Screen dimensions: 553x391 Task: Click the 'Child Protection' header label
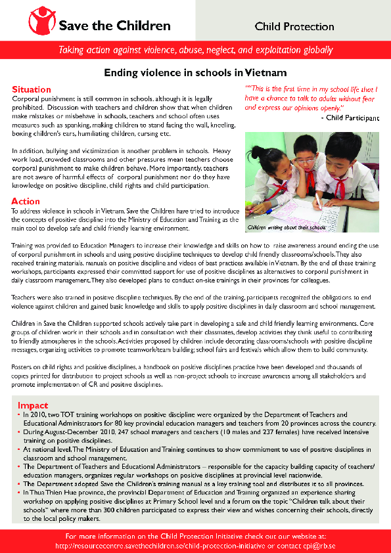294,27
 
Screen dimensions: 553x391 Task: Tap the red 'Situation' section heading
31,89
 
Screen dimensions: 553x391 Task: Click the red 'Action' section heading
26,201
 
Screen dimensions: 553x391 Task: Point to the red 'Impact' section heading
32,405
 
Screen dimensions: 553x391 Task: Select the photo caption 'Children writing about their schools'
286,228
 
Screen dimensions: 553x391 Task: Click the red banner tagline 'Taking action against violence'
195,49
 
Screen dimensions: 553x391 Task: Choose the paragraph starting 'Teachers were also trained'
191,303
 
